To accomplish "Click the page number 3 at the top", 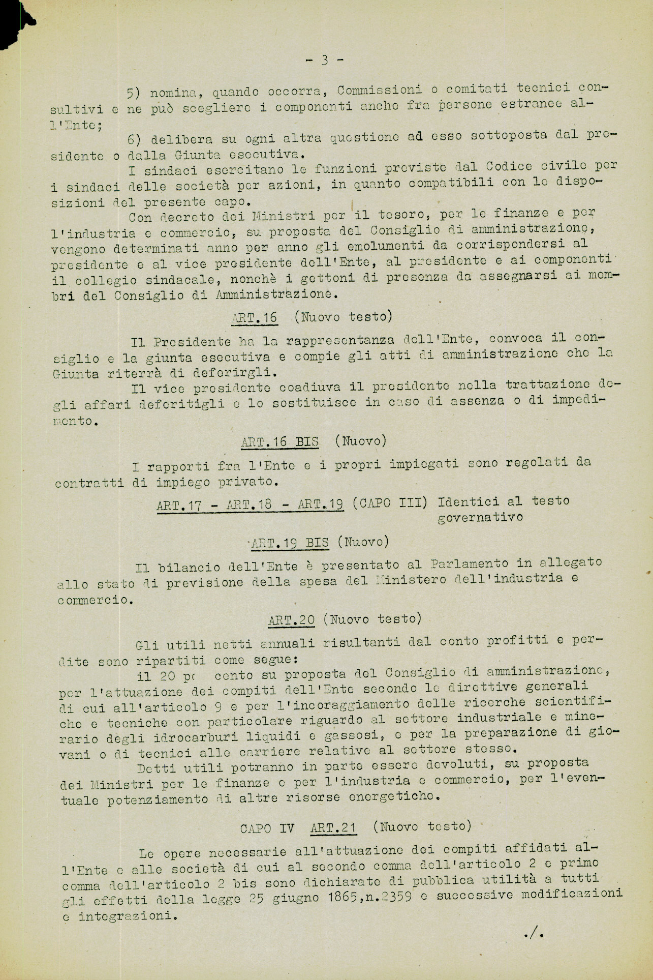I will [x=325, y=61].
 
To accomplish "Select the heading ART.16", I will [x=254, y=318].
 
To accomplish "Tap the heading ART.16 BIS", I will [x=279, y=441].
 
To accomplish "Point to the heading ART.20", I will [x=291, y=619].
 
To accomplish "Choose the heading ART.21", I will [x=333, y=827].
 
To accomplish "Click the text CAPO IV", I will [x=266, y=828].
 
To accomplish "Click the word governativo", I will [x=480, y=517].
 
